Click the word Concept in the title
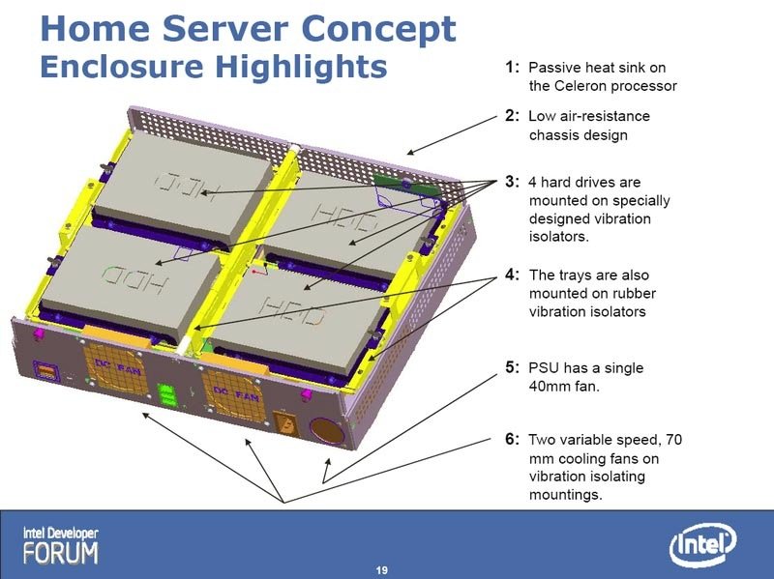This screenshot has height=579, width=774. [x=378, y=29]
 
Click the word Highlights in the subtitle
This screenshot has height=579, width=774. [x=301, y=66]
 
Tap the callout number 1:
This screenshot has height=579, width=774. [x=512, y=67]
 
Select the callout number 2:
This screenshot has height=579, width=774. [x=512, y=115]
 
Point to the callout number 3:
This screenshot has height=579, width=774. [x=512, y=182]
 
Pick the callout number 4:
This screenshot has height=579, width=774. [x=512, y=275]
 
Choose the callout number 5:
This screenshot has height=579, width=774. [x=512, y=367]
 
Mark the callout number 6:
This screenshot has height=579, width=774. [x=512, y=439]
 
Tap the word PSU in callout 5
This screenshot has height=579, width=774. [x=544, y=368]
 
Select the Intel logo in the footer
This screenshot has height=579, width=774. [x=702, y=544]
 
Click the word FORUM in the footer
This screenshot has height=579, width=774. [x=60, y=553]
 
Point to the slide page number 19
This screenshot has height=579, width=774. [x=381, y=570]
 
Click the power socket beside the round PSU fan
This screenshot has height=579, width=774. [x=285, y=423]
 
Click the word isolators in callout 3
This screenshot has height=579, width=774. [x=559, y=237]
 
